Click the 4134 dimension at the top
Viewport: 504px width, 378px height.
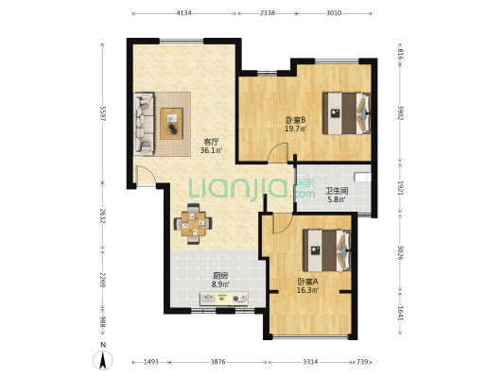coord(183,13)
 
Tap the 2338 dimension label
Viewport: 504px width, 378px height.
coord(267,13)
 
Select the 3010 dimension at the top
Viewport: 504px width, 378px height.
coord(334,13)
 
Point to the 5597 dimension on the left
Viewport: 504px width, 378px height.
coord(103,113)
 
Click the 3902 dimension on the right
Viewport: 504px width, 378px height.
coord(401,112)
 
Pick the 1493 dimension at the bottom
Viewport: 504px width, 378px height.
coord(150,362)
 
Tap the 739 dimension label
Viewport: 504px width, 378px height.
coord(362,362)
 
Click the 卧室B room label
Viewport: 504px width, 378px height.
coord(295,120)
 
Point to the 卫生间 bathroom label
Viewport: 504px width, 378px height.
coord(337,192)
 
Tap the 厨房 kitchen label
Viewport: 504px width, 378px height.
coord(220,276)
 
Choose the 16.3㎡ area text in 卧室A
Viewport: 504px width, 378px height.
coord(307,290)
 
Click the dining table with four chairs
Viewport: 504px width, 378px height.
coord(193,224)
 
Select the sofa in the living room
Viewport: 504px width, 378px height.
coord(144,125)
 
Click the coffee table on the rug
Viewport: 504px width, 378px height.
coord(172,124)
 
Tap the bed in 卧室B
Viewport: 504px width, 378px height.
coord(347,113)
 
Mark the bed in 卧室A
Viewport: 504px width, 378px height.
coord(327,250)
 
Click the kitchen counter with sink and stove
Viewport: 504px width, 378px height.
coord(224,299)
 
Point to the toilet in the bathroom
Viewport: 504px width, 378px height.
coord(362,177)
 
